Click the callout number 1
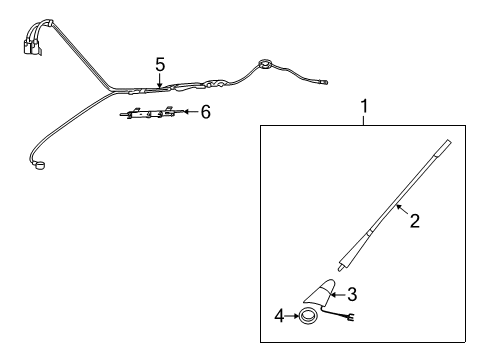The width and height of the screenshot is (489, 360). (x=364, y=107)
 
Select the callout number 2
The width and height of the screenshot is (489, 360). (x=415, y=221)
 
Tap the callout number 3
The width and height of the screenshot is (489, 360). (x=352, y=295)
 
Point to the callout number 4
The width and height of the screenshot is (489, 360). (x=279, y=316)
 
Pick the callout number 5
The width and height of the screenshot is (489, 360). (x=160, y=65)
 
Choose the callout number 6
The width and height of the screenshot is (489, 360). (x=206, y=112)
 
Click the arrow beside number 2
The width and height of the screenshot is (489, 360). (x=402, y=210)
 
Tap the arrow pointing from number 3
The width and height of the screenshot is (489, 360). (x=339, y=295)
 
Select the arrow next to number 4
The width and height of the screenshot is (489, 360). (x=292, y=316)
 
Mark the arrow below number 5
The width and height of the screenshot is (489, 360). (x=160, y=81)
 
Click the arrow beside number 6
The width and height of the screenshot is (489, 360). (x=191, y=111)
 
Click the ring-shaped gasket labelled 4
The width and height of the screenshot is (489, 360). (x=308, y=316)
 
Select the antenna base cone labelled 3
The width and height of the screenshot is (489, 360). (x=320, y=293)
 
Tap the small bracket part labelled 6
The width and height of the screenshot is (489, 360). (x=148, y=113)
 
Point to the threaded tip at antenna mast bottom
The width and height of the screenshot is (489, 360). (x=340, y=267)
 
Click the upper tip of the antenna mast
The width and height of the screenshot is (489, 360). (x=448, y=143)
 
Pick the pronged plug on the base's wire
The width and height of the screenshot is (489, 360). (x=350, y=318)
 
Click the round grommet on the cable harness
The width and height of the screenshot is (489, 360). (x=266, y=64)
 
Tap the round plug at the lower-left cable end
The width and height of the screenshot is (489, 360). (x=40, y=166)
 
